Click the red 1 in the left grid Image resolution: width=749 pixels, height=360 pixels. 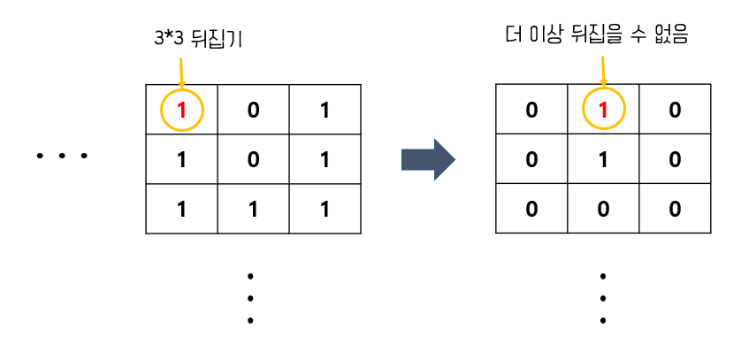pyautogui.click(x=182, y=110)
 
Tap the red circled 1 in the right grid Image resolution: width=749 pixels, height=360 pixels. pyautogui.click(x=603, y=111)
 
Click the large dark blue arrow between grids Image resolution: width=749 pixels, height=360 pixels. pyautogui.click(x=428, y=159)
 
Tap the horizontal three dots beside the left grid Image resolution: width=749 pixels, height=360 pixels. pyautogui.click(x=62, y=157)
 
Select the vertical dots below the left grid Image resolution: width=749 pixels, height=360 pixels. pyautogui.click(x=251, y=298)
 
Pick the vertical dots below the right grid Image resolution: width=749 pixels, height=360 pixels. pyautogui.click(x=602, y=298)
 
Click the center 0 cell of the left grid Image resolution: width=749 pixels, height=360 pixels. pyautogui.click(x=253, y=160)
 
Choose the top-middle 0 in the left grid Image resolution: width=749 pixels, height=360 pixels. pyautogui.click(x=253, y=110)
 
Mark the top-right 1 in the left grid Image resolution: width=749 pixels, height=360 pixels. pyautogui.click(x=325, y=110)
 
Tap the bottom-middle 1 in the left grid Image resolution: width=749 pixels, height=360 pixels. pyautogui.click(x=253, y=210)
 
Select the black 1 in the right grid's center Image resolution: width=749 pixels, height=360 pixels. pyautogui.click(x=603, y=160)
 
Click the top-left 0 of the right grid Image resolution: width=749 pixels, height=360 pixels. pyautogui.click(x=531, y=111)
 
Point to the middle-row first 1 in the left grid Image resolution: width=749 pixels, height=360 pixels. pyautogui.click(x=182, y=160)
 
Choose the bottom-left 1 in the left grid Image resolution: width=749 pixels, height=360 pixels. pyautogui.click(x=182, y=210)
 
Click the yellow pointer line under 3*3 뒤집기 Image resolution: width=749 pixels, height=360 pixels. pyautogui.click(x=181, y=69)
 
